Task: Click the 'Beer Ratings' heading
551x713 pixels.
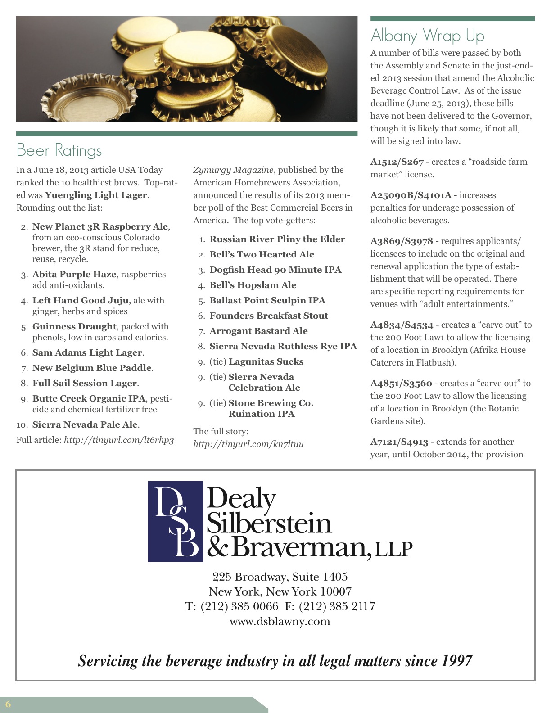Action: coord(59,150)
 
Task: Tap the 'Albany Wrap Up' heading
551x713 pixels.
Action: coord(427,35)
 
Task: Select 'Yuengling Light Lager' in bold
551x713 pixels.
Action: coord(96,195)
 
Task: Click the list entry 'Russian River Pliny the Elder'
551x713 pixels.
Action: coord(277,239)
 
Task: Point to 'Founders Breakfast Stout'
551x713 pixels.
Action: coord(268,316)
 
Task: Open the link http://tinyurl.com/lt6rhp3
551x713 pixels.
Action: coord(119,440)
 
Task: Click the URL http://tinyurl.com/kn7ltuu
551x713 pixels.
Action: coord(248,444)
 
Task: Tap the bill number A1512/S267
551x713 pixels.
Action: coord(397,162)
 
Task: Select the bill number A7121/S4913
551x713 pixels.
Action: coord(399,442)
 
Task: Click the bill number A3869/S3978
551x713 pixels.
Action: coord(402,241)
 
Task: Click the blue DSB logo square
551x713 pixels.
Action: coord(175,521)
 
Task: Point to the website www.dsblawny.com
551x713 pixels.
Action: coord(280,621)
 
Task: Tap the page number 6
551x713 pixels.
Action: coord(8,704)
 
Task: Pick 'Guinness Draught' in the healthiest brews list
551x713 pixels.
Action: coord(74,326)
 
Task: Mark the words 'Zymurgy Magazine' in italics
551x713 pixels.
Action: coord(233,170)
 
